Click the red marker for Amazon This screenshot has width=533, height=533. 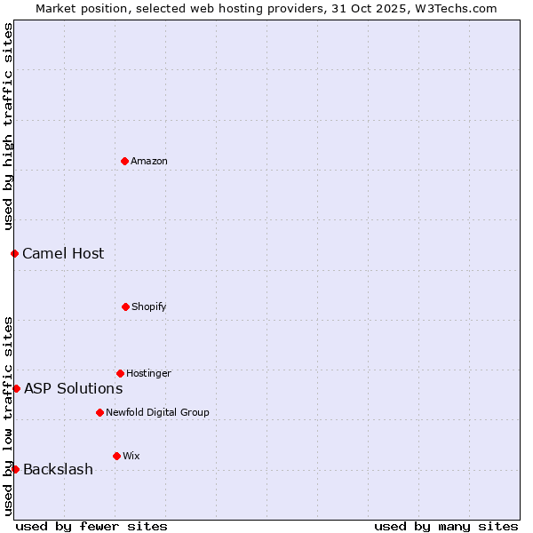[x=125, y=161]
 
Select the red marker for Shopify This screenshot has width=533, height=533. [x=125, y=306]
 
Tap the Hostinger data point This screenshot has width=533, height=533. [x=120, y=373]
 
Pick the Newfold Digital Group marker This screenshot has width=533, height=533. [x=99, y=412]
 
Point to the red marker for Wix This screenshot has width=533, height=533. [x=116, y=456]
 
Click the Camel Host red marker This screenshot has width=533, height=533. [x=14, y=253]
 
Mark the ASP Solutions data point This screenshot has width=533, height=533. [x=16, y=388]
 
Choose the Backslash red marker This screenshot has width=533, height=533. [x=15, y=469]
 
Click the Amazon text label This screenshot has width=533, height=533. [x=149, y=161]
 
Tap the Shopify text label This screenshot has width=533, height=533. [x=149, y=306]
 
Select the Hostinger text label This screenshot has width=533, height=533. [x=148, y=373]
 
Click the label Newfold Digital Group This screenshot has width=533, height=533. [x=157, y=412]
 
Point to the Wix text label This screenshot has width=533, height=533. [x=131, y=456]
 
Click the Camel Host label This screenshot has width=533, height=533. [x=63, y=253]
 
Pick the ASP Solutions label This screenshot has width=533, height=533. [x=73, y=388]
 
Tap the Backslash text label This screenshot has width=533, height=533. [x=58, y=469]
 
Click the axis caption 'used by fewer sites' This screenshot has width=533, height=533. [x=91, y=526]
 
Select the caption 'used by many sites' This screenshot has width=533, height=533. [x=446, y=526]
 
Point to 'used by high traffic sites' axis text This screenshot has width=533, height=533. [x=8, y=126]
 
